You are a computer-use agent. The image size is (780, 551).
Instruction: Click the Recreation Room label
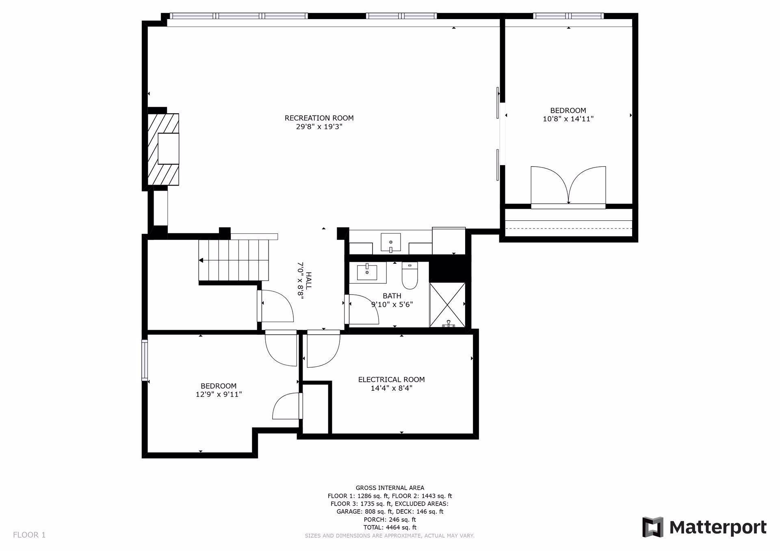click(x=319, y=118)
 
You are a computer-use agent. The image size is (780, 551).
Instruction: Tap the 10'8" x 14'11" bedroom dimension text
click(x=568, y=119)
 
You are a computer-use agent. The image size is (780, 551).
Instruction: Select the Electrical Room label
click(x=391, y=379)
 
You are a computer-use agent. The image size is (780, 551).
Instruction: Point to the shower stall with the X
click(x=447, y=304)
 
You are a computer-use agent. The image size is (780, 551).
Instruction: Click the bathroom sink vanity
click(x=367, y=273)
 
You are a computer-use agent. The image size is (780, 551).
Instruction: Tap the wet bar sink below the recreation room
click(x=390, y=242)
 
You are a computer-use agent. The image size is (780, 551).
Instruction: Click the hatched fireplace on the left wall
click(x=163, y=149)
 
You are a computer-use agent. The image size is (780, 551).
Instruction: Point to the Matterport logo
click(x=704, y=527)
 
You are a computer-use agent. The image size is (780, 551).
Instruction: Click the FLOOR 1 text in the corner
click(x=29, y=535)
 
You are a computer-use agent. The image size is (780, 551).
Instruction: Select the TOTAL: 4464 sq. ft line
click(x=390, y=527)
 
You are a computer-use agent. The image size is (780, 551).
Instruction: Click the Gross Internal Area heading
click(x=390, y=488)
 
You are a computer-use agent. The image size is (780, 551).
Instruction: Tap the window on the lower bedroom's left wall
click(x=144, y=360)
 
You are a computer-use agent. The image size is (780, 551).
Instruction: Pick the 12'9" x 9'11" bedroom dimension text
click(x=219, y=394)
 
